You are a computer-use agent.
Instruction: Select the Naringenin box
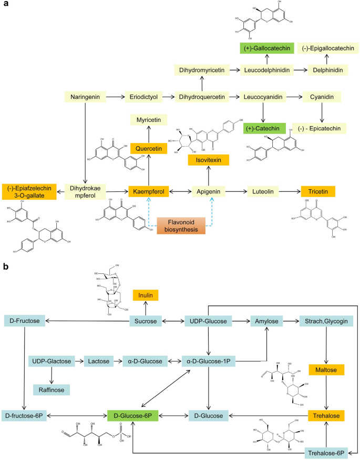[85, 97]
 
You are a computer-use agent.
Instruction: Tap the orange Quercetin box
[148, 149]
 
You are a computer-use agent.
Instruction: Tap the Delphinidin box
[325, 69]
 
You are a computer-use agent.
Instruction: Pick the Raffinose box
[51, 390]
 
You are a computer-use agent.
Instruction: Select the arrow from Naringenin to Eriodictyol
[115, 97]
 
